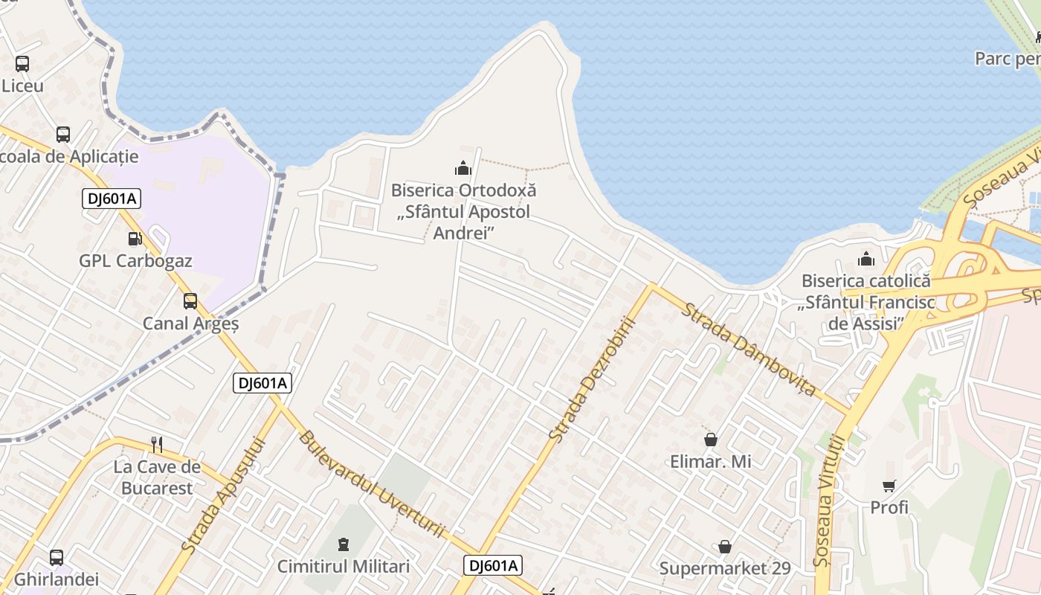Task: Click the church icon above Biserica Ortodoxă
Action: (x=463, y=169)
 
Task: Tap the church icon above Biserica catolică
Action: (x=866, y=260)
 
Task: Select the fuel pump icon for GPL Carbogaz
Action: (x=135, y=239)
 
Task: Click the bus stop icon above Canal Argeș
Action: (x=190, y=301)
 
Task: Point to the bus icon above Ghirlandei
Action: (x=57, y=557)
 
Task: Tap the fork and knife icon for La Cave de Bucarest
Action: (x=157, y=445)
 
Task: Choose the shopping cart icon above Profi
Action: (x=889, y=486)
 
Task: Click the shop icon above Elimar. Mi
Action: (x=711, y=440)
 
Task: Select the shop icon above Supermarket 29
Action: (x=725, y=547)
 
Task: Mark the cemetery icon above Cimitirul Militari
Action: (x=344, y=545)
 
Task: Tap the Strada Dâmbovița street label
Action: (x=750, y=349)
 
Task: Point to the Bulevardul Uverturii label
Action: (x=371, y=483)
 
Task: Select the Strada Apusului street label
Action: (x=223, y=495)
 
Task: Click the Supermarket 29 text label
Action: (x=725, y=568)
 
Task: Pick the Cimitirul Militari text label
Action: (x=344, y=567)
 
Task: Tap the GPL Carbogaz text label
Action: (x=135, y=261)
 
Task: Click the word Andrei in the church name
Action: (x=463, y=233)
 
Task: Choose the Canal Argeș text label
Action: (x=190, y=324)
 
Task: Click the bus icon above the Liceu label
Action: (x=22, y=64)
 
